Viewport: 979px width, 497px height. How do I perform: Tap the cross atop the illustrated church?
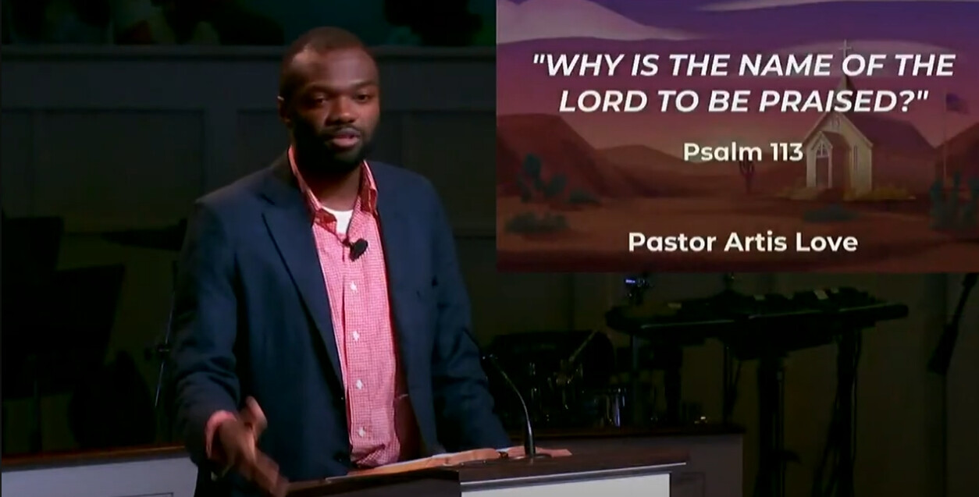pos(846,48)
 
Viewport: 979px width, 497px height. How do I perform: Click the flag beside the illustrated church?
pos(952,105)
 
